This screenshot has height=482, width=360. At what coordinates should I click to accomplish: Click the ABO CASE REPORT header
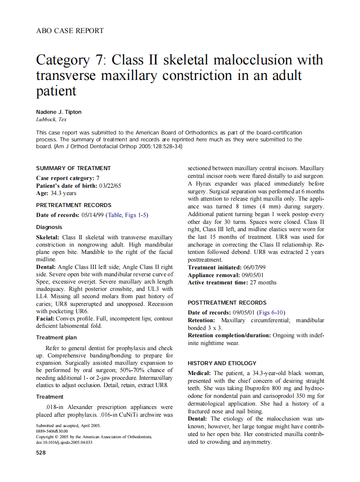click(70, 31)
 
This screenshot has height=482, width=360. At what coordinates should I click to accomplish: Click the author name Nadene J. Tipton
click(58, 112)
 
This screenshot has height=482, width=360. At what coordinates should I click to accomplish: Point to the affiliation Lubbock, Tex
click(51, 119)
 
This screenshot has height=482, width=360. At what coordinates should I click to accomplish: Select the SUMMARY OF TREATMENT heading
click(73, 168)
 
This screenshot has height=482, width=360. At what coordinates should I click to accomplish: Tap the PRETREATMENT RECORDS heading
click(74, 205)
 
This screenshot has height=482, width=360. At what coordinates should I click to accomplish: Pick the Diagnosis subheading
click(49, 227)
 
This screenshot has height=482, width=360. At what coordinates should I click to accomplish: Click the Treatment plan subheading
click(56, 338)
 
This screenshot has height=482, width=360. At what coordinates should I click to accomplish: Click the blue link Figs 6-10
click(271, 312)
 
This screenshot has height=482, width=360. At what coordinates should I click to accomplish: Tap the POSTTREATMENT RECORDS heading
click(227, 303)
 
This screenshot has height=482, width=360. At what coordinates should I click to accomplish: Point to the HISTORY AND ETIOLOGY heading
click(222, 363)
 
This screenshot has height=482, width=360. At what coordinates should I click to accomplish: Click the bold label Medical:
click(199, 373)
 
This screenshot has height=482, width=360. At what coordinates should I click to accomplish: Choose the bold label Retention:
click(201, 320)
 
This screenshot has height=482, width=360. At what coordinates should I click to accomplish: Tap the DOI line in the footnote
click(64, 442)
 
